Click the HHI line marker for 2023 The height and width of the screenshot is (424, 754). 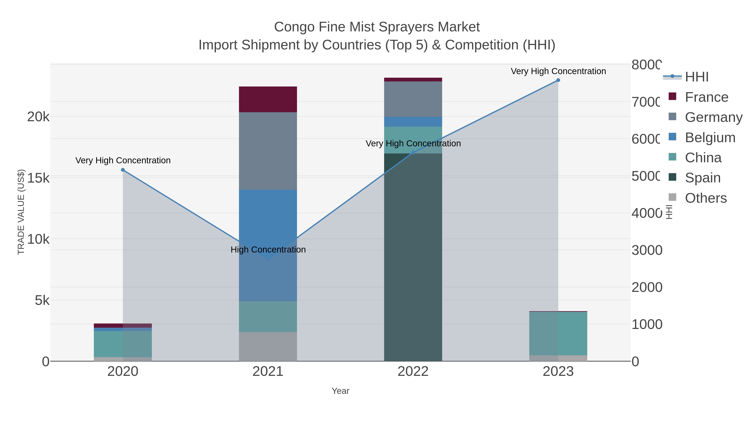(558, 80)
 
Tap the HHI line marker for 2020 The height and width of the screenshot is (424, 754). (123, 170)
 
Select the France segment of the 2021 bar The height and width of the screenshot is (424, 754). (268, 99)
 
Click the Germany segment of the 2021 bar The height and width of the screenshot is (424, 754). (268, 151)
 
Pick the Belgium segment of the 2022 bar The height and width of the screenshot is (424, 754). (413, 122)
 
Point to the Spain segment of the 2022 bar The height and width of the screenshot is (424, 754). (413, 258)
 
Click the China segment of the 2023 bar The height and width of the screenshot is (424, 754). (558, 334)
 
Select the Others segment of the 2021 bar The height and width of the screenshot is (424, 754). (268, 347)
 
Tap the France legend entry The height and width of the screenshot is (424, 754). (706, 97)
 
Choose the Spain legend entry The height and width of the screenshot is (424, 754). (702, 178)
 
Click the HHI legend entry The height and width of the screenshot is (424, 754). (697, 77)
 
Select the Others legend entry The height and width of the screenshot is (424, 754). (705, 198)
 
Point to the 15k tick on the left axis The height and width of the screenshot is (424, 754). (38, 178)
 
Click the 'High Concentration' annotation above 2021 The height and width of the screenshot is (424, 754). (268, 250)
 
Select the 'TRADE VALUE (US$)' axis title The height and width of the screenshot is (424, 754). (21, 212)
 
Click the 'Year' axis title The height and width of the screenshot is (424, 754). (340, 391)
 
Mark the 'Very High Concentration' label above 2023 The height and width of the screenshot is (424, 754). (558, 71)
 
